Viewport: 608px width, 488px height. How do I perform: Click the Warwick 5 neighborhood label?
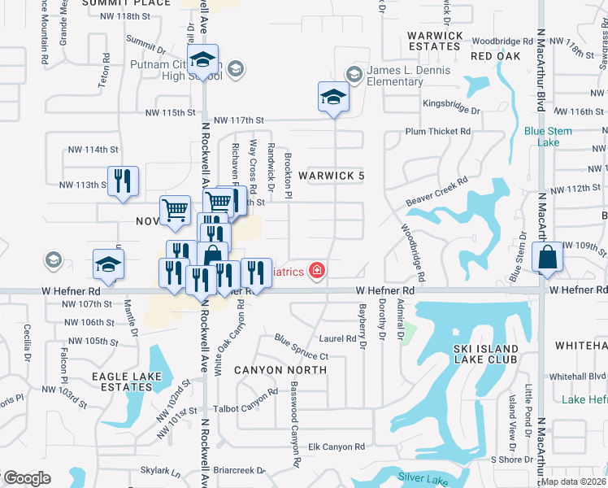[331, 176]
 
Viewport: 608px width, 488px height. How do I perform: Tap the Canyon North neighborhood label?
[280, 370]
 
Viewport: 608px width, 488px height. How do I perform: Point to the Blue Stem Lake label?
[548, 137]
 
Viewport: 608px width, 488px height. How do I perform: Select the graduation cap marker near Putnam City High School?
[203, 59]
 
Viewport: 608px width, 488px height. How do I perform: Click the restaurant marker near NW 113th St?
[123, 181]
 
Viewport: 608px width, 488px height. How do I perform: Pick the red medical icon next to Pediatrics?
[317, 271]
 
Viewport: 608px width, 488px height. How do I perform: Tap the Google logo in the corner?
[26, 478]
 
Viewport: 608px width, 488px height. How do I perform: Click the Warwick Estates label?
[435, 41]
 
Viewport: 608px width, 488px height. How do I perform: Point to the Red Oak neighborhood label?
[493, 56]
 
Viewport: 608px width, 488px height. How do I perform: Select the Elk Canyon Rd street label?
[337, 447]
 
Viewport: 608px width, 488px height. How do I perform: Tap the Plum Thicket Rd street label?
[438, 131]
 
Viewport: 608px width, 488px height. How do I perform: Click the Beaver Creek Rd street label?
[436, 193]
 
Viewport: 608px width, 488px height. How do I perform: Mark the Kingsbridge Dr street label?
[451, 104]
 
